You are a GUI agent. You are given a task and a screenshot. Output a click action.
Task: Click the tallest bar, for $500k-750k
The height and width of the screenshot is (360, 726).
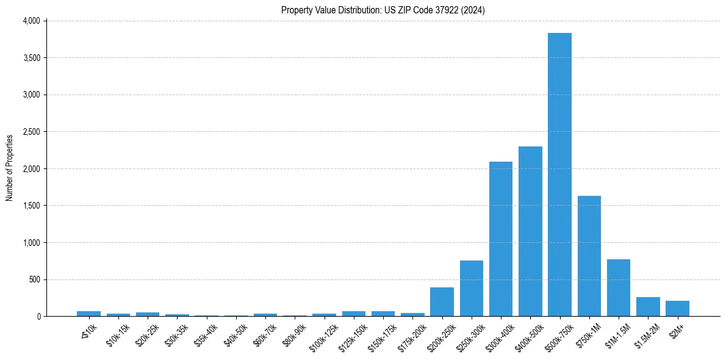[559, 175]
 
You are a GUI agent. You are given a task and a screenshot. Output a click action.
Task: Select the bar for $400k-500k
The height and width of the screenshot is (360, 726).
[530, 231]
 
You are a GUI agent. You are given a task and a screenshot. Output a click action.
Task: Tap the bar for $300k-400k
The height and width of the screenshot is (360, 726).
[501, 239]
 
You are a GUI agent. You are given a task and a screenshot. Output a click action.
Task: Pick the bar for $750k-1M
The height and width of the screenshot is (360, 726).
[589, 256]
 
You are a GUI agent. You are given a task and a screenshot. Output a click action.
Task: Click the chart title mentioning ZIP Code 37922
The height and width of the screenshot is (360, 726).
[383, 10]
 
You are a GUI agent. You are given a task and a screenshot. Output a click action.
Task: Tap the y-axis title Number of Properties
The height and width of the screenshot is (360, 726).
[10, 168]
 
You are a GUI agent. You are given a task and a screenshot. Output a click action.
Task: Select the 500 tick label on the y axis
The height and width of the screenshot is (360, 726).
[35, 279]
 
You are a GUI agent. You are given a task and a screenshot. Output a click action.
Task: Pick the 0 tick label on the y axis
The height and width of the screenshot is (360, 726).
[38, 317]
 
